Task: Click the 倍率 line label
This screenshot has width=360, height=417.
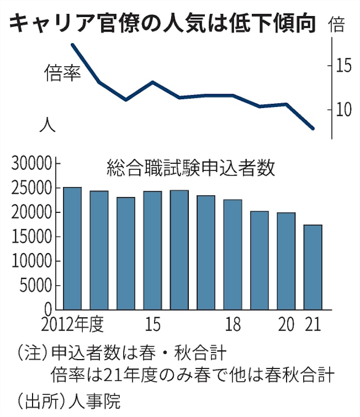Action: [x=63, y=73]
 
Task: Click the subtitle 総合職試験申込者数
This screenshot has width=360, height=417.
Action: [x=191, y=168]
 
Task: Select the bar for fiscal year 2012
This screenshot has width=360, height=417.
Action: [x=72, y=249]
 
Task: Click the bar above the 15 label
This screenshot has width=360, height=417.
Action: [x=153, y=251]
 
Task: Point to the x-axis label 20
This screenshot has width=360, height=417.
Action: [x=286, y=325]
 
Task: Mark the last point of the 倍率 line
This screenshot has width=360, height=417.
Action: [x=313, y=128]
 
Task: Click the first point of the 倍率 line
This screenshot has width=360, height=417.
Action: [x=72, y=44]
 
